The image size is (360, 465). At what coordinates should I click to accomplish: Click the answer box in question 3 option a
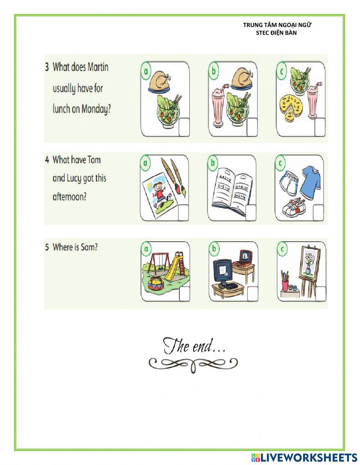pyautogui.click(x=184, y=127)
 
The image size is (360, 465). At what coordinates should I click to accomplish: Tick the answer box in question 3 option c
pyautogui.click(x=320, y=127)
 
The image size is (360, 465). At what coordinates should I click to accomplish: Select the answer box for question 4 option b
pyautogui.click(x=251, y=212)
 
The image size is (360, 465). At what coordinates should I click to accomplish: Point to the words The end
pyautogui.click(x=194, y=346)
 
